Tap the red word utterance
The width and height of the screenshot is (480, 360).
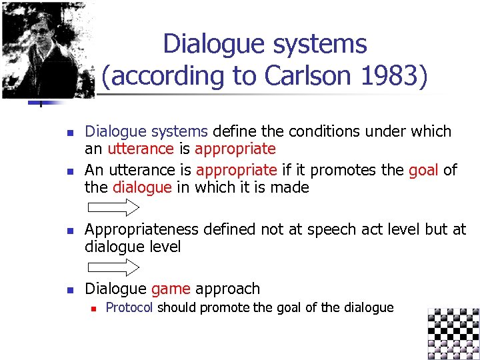(x=140, y=149)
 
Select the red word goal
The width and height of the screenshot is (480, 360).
(x=423, y=170)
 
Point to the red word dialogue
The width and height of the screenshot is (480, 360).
(x=142, y=187)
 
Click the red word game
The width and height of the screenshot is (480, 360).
(x=171, y=289)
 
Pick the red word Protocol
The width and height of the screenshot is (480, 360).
(x=129, y=307)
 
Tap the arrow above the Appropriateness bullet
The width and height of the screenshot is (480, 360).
(x=113, y=207)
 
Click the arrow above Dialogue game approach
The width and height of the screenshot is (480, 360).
(x=113, y=268)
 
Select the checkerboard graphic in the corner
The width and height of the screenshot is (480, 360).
(x=453, y=333)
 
